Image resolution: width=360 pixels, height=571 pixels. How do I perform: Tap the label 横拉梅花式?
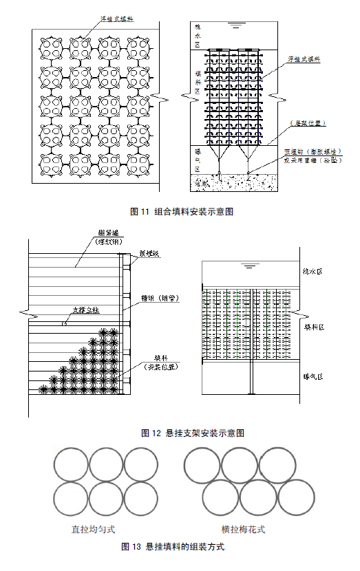[x=243, y=530]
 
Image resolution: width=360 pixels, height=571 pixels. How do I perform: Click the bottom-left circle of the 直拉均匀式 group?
[x=70, y=499]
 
